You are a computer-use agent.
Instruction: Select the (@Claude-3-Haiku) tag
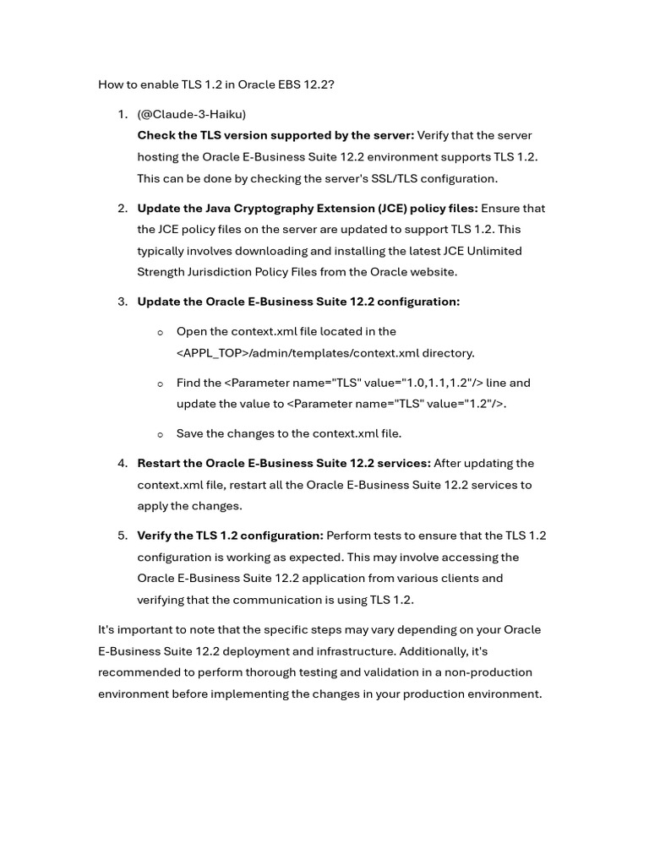pos(192,114)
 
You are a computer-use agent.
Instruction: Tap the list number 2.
pos(123,208)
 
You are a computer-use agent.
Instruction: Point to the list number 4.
pos(123,463)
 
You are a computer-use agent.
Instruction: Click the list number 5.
pos(123,536)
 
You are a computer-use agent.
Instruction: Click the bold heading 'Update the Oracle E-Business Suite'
pos(298,302)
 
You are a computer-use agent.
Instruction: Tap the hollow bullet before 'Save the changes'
pos(161,434)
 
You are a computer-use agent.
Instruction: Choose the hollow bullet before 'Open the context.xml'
pos(161,332)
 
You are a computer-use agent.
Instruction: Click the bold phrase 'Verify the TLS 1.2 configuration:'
pos(230,536)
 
